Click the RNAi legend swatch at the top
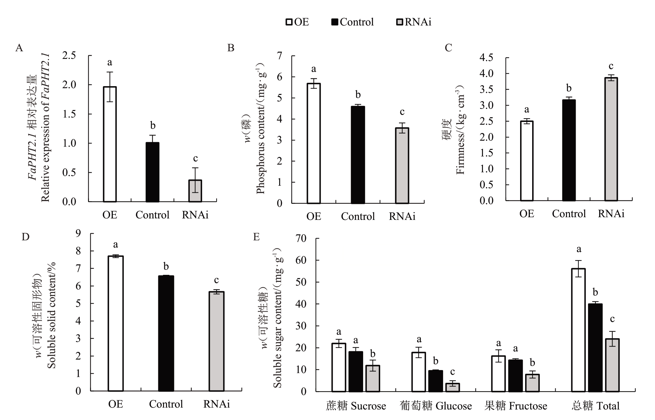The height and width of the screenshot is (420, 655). pyautogui.click(x=400, y=22)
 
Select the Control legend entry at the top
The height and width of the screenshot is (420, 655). pyautogui.click(x=352, y=22)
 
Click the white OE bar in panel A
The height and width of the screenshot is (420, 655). pyautogui.click(x=110, y=144)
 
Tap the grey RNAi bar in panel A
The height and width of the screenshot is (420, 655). pyautogui.click(x=195, y=191)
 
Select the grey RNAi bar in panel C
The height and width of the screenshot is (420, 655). pyautogui.click(x=611, y=139)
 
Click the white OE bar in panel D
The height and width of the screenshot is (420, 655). pyautogui.click(x=116, y=323)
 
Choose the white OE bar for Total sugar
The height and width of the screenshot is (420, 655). pyautogui.click(x=578, y=330)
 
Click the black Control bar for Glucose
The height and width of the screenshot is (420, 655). pyautogui.click(x=435, y=381)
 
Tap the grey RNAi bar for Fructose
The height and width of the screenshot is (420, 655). pyautogui.click(x=533, y=383)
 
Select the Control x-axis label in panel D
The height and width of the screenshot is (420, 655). pyautogui.click(x=166, y=404)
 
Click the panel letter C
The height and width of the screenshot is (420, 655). pyautogui.click(x=448, y=48)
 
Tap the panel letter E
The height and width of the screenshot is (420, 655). pyautogui.click(x=256, y=237)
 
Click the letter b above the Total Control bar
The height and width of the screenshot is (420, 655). pyautogui.click(x=595, y=292)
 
